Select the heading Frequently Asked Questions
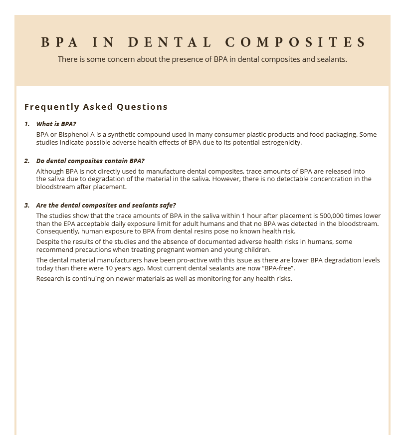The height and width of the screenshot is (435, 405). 96,107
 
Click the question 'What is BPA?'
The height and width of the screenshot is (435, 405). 56,124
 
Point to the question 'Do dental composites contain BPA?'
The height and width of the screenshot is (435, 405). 90,161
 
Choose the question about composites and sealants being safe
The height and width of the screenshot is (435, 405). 106,205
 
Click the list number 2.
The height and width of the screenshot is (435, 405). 27,161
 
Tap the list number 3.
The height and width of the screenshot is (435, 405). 27,205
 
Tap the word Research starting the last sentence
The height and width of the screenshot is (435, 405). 51,279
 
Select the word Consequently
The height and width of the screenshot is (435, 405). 58,231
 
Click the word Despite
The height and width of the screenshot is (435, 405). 48,242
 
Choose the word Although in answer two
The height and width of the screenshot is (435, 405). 50,172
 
